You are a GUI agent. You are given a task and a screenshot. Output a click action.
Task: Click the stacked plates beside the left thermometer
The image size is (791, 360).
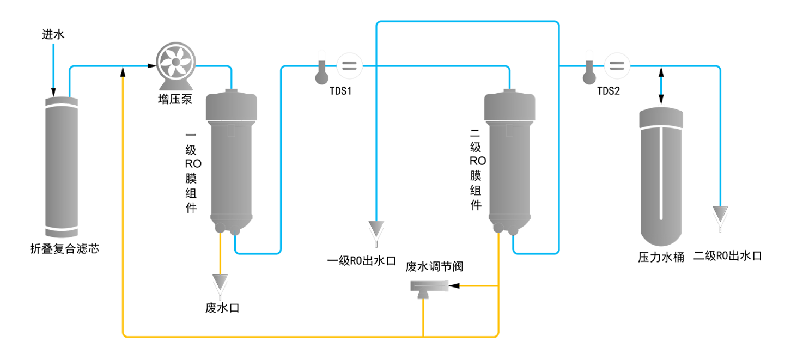click(x=347, y=66)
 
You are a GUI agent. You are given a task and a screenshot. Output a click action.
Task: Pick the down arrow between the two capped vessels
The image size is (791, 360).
click(x=376, y=224)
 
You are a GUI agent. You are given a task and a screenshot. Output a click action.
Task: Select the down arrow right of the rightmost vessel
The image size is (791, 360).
click(x=720, y=211)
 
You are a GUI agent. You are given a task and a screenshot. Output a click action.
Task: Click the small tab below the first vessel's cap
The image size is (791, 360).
click(x=233, y=131)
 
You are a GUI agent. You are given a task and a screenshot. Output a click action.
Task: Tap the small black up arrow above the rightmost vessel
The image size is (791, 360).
click(x=660, y=73)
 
